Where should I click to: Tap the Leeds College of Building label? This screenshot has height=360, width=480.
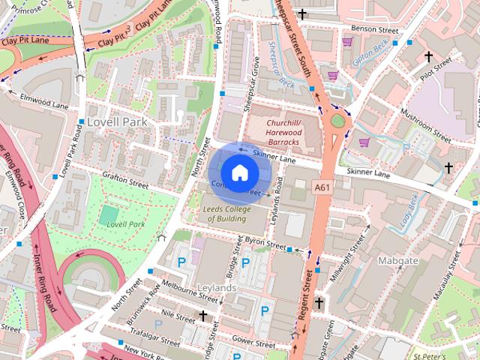[x=226, y=213]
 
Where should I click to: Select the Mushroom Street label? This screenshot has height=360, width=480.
[x=424, y=124]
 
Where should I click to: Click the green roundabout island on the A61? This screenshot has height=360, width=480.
[x=338, y=120]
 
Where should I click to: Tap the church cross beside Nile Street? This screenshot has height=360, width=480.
[x=203, y=316]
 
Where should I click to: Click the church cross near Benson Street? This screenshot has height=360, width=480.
[x=302, y=14]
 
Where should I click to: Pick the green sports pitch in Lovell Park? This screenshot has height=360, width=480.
[x=109, y=214]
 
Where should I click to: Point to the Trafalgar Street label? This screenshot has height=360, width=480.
[x=153, y=336]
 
